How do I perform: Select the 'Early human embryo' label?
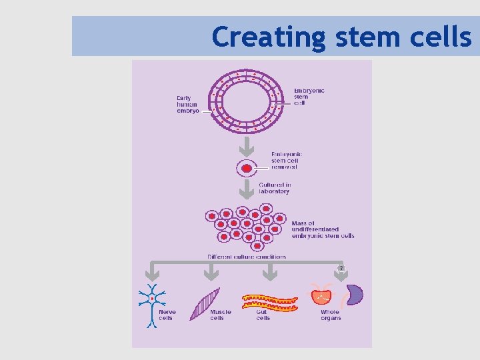pyautogui.click(x=187, y=105)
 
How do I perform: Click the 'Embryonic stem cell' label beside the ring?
pyautogui.click(x=309, y=97)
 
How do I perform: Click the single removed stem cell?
pyautogui.click(x=247, y=168)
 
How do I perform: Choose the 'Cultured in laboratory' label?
pyautogui.click(x=274, y=188)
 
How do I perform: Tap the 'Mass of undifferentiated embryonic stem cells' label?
pyautogui.click(x=322, y=229)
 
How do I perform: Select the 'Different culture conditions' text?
pyautogui.click(x=247, y=257)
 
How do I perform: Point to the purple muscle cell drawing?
pyautogui.click(x=204, y=304)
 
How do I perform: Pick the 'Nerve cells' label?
pyautogui.click(x=167, y=315)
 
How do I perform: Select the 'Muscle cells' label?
pyautogui.click(x=220, y=315)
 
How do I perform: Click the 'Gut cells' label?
pyautogui.click(x=263, y=315)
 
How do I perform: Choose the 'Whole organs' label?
pyautogui.click(x=330, y=315)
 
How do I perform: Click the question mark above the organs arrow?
pyautogui.click(x=341, y=268)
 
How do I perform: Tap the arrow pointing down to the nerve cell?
pyautogui.click(x=153, y=273)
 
